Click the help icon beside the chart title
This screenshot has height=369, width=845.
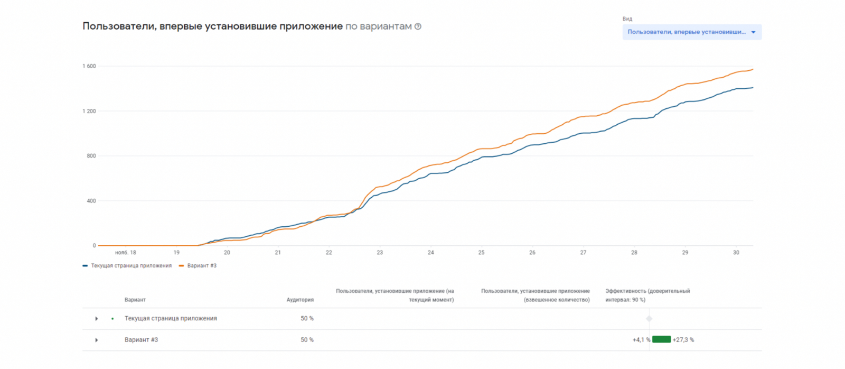coord(418,26)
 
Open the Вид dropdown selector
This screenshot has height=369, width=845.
coord(691,32)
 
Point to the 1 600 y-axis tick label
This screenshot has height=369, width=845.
coord(89,66)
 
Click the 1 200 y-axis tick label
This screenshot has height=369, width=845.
coord(89,111)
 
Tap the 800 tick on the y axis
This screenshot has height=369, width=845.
coord(91,156)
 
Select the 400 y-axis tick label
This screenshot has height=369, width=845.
coord(91,201)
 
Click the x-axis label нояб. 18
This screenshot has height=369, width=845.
coord(125,253)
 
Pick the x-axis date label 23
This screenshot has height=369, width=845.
coord(380,253)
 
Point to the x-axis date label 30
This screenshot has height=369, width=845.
coord(736,253)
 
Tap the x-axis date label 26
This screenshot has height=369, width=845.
coord(532,253)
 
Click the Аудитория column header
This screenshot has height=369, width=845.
coord(300,300)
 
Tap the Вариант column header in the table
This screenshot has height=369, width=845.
coord(135,300)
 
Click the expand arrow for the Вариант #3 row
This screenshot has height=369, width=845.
coord(96,340)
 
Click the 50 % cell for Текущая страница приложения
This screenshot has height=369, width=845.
coord(307,318)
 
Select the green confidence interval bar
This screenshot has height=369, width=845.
coord(661,339)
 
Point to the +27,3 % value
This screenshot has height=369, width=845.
coord(683,340)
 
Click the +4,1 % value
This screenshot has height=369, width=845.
coord(641,340)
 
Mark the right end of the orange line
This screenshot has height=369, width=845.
coord(753,69)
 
